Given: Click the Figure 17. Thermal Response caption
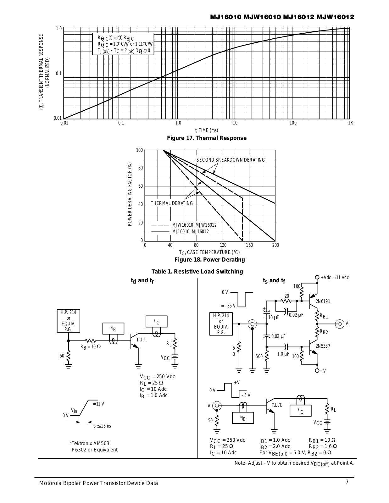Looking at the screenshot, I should click(x=206, y=138).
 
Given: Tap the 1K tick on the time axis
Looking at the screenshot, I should click(x=351, y=123).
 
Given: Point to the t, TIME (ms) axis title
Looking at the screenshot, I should click(x=206, y=130).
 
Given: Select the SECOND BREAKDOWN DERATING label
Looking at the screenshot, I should click(x=231, y=160).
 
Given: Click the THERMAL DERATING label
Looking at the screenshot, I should click(x=172, y=203).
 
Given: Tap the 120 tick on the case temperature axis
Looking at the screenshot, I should click(x=223, y=245).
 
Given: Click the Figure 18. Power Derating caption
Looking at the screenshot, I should click(x=209, y=260).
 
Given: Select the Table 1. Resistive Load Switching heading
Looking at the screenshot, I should click(x=197, y=272).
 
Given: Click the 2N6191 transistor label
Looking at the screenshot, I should click(x=323, y=301).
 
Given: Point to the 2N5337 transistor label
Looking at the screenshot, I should click(x=323, y=346).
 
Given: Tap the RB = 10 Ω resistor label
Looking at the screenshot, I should click(x=91, y=347).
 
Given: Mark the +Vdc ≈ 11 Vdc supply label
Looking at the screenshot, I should click(x=335, y=278).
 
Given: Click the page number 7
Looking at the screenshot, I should click(x=347, y=482).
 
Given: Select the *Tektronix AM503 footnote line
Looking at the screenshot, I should click(x=90, y=444).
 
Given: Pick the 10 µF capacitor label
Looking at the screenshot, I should click(x=274, y=318).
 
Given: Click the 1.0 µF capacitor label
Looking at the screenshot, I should click(x=283, y=354).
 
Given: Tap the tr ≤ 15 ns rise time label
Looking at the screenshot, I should click(x=102, y=426).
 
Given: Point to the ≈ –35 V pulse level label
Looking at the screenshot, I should click(x=228, y=306).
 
